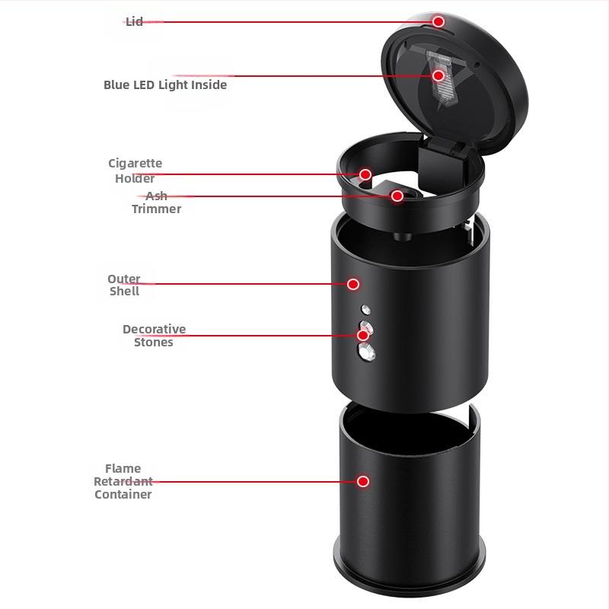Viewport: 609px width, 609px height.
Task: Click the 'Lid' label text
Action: [x=135, y=22]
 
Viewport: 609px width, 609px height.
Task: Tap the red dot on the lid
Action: [x=438, y=22]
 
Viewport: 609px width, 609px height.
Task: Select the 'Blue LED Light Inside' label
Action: [x=165, y=85]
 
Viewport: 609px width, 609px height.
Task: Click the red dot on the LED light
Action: [x=438, y=75]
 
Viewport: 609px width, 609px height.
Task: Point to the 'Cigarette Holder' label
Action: [x=136, y=171]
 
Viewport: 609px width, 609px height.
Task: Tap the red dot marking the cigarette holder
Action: [x=365, y=174]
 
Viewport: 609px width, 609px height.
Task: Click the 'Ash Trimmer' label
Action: [x=157, y=202]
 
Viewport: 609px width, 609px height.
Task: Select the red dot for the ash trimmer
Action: [x=397, y=196]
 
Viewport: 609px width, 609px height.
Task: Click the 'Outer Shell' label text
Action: [x=124, y=285]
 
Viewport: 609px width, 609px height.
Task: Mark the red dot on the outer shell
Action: [x=353, y=284]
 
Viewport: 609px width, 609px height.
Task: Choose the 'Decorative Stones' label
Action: [x=155, y=336]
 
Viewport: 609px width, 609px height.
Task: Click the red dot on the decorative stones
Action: [x=363, y=335]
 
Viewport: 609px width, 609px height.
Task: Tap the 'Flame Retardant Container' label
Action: [x=123, y=481]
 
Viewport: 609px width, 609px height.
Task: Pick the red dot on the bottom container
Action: [x=363, y=482]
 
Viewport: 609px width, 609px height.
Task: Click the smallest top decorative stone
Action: [x=365, y=310]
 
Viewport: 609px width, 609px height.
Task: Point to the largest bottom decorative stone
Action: [x=366, y=352]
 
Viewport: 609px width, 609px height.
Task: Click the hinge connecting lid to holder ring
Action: [x=444, y=147]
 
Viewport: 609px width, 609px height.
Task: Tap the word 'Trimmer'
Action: [x=157, y=209]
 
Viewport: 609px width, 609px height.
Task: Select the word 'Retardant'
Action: [x=123, y=482]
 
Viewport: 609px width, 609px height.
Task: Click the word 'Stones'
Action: [x=154, y=342]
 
